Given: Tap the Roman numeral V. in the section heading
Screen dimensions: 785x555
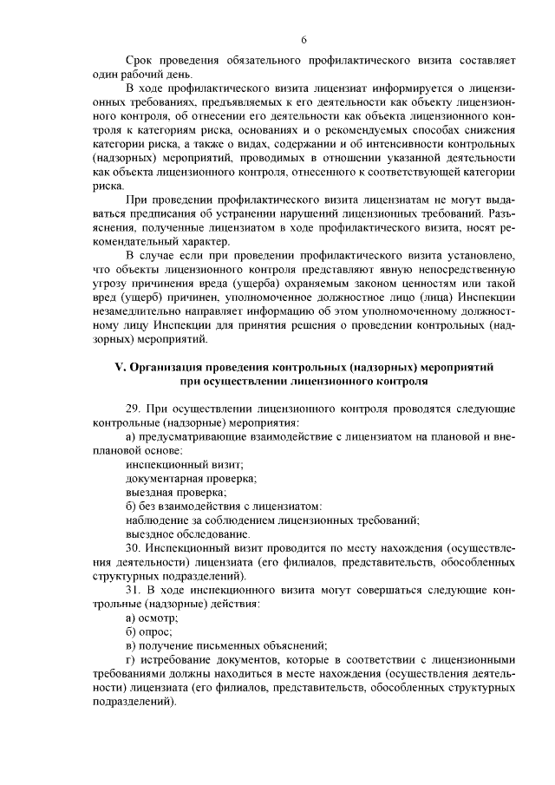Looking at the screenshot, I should click(x=121, y=367).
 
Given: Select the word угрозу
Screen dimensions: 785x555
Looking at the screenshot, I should click(x=109, y=284).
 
